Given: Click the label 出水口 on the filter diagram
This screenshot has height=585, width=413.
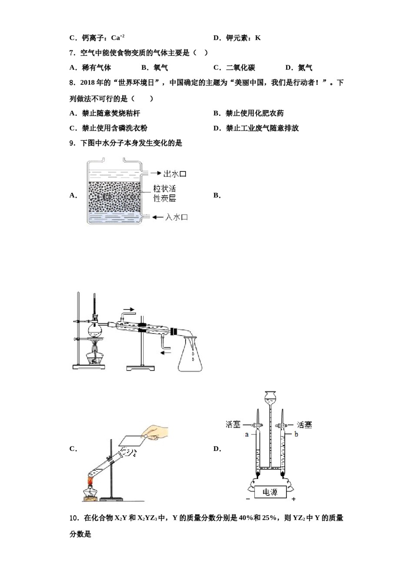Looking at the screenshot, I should coord(175,174).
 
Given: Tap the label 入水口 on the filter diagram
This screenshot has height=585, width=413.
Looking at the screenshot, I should coord(177,217).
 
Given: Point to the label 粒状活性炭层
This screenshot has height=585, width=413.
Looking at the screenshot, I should coord(164,193).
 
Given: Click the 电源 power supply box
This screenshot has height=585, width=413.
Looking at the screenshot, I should coord(270,492).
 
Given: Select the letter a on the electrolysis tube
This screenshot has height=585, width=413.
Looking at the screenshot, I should coord(247,434).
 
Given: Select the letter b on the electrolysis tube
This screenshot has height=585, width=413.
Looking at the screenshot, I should coord(296,434).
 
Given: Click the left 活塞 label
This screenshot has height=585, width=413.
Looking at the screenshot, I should coord(233,424).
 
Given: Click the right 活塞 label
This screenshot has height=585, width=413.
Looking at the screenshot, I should coord(304,424).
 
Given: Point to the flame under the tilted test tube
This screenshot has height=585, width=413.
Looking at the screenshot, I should coord(91,481).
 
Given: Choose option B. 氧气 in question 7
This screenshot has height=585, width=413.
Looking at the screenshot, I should coord(155,67).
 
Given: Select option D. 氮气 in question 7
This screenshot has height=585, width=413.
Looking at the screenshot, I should coord(299,67).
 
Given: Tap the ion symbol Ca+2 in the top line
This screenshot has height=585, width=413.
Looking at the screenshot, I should coord(118,38).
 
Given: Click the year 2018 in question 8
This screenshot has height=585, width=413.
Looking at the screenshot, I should coord(88,83).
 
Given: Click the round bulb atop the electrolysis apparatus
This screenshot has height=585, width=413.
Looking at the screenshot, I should coord(270,397).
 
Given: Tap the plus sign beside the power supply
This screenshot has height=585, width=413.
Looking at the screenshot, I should coord(294,499).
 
